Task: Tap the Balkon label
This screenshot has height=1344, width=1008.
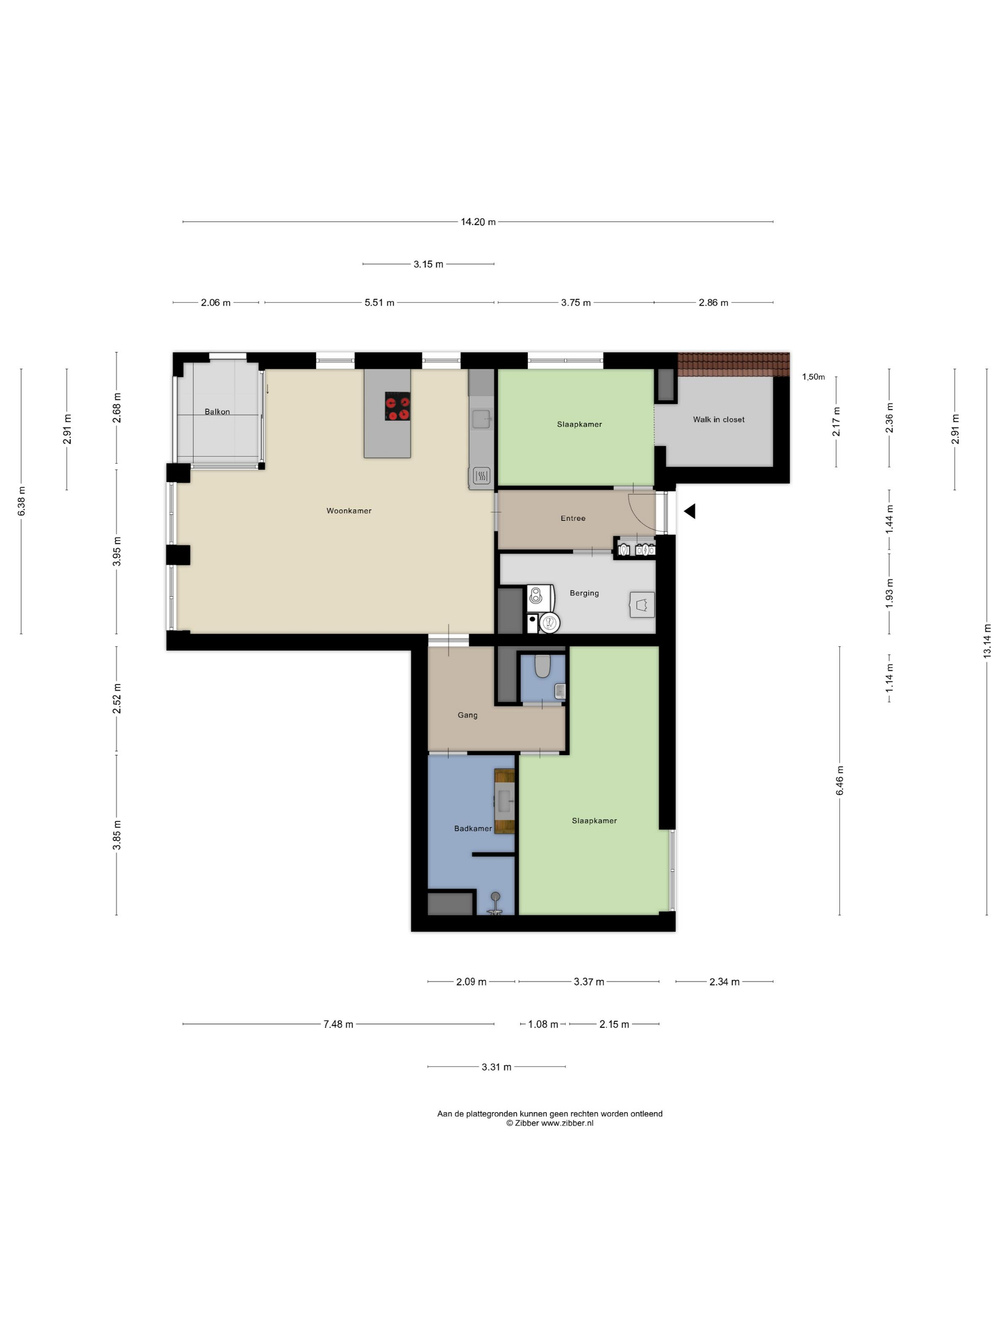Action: point(217,412)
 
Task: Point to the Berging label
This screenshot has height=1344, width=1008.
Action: point(584,593)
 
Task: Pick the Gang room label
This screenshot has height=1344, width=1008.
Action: point(467,715)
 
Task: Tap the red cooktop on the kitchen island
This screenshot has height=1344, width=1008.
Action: point(397,406)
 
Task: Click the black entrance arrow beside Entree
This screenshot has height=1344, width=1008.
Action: point(690,512)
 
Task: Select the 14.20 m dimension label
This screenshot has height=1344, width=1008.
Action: point(478,222)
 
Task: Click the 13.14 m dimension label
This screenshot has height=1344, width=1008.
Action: point(987,641)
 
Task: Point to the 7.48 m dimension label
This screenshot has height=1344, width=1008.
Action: point(338,1024)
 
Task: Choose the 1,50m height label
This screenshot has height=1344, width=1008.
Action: point(814,377)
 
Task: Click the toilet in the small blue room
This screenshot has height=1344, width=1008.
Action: point(542,666)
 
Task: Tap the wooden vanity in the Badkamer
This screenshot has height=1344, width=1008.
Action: point(504,801)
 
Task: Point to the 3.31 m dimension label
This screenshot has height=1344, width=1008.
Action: point(496,1067)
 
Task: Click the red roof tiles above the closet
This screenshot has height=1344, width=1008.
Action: point(733,364)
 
